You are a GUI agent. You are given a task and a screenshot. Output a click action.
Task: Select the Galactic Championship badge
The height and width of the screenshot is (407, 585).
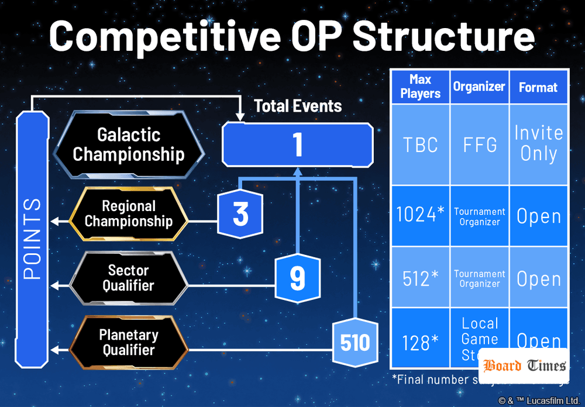tap(129, 144)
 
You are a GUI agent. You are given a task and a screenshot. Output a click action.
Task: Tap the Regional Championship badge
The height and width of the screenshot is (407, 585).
tap(129, 214)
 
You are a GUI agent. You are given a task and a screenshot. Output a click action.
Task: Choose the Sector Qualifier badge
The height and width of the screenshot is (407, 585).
tap(129, 278)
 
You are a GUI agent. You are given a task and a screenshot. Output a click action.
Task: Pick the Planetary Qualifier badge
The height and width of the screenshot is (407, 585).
tap(129, 343)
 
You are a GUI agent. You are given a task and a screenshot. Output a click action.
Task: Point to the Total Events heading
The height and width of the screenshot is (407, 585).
tap(298, 106)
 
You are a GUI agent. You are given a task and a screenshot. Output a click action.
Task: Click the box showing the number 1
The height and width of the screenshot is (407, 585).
tap(297, 144)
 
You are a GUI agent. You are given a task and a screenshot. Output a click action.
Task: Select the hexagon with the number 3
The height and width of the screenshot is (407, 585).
tap(240, 214)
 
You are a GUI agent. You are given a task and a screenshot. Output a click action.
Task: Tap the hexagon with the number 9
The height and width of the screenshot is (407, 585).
tap(297, 278)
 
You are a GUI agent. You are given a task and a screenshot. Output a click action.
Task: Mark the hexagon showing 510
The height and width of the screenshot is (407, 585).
tap(355, 343)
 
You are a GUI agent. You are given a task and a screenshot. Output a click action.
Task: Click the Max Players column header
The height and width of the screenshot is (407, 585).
tap(420, 87)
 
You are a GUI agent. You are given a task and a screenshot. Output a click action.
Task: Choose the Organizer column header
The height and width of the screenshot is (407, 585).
tap(479, 87)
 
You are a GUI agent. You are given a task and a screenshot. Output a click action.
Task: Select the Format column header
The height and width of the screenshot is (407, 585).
tap(538, 87)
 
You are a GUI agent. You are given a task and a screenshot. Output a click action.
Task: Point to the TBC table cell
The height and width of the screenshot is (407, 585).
tap(420, 145)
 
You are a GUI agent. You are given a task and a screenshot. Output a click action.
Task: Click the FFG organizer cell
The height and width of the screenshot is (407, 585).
tap(479, 145)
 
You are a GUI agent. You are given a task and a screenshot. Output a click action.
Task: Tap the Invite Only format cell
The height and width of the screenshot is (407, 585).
tap(538, 144)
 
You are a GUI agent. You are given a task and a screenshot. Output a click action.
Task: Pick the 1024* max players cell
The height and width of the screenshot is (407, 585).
tap(420, 216)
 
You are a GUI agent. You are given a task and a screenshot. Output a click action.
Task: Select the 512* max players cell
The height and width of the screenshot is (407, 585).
tap(420, 278)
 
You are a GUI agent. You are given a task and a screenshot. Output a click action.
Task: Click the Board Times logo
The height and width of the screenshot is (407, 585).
tap(524, 366)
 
